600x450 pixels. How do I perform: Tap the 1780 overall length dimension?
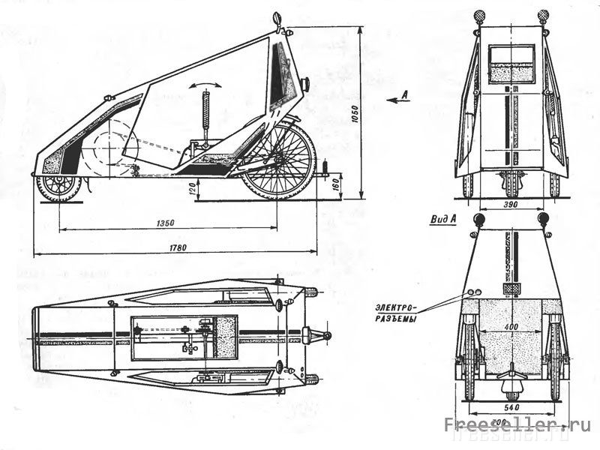[x=177, y=247]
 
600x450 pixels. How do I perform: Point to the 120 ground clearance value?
[x=193, y=191]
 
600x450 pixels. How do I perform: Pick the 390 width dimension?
[x=511, y=205]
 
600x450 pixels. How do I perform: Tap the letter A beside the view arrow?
[x=405, y=94]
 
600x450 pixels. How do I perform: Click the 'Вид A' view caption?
[x=443, y=219]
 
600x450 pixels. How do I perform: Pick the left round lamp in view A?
[x=478, y=218]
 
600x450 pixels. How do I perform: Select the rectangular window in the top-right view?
[x=511, y=63]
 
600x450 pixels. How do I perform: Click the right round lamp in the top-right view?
[x=543, y=15]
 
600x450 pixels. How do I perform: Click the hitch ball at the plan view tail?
[x=326, y=334]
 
